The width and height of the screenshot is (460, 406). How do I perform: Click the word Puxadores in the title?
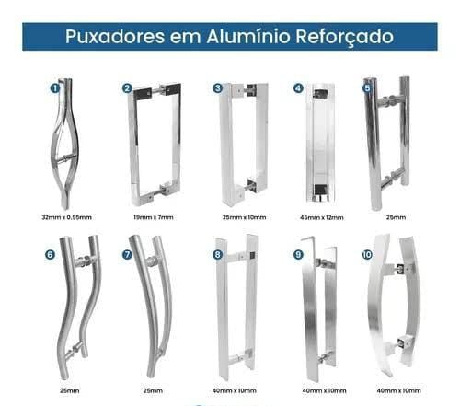[x=115, y=37]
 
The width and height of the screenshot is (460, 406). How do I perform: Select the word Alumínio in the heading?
[x=248, y=36]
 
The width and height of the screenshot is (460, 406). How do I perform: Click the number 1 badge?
[x=55, y=88]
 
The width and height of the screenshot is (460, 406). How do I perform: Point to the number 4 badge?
[x=298, y=88]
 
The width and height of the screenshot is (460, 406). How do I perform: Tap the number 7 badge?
[x=127, y=255]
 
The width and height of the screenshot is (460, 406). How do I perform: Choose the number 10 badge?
[x=367, y=255]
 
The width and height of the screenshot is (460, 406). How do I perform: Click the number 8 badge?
[x=217, y=255]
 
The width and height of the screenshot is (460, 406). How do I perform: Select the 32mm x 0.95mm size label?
[x=66, y=217]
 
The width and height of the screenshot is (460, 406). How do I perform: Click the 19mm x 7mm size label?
[x=154, y=217]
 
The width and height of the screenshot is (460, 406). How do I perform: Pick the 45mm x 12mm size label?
[x=322, y=218]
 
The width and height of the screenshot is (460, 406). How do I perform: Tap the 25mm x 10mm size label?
[x=244, y=217]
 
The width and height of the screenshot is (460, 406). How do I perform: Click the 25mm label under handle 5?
[x=396, y=217]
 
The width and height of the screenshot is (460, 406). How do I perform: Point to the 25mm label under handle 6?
[x=69, y=391]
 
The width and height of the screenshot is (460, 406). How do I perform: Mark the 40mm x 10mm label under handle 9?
[x=324, y=391]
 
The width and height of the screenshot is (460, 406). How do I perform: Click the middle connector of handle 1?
[x=65, y=158]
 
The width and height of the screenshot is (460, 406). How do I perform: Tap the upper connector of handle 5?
[x=388, y=100]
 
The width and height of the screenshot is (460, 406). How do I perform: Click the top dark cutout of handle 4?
[x=320, y=93]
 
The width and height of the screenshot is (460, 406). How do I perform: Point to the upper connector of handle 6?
[x=82, y=261]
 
